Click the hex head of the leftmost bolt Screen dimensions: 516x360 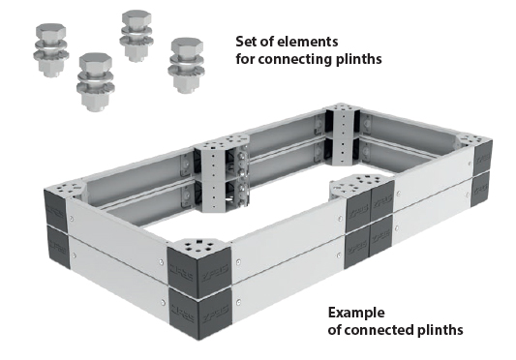(x=50, y=32)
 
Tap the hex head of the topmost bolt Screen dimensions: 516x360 (x=137, y=18)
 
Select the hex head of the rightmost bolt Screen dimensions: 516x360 (x=187, y=46)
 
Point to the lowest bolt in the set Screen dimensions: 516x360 (x=96, y=82)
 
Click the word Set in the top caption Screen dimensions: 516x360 (x=246, y=42)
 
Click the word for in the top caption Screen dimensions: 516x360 (x=245, y=59)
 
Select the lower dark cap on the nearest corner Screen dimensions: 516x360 (x=200, y=313)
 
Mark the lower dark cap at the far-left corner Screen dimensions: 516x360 (x=59, y=247)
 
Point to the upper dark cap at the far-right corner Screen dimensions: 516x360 (x=483, y=158)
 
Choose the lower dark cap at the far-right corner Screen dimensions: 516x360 (x=481, y=190)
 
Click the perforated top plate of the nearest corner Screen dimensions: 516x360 (x=200, y=247)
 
